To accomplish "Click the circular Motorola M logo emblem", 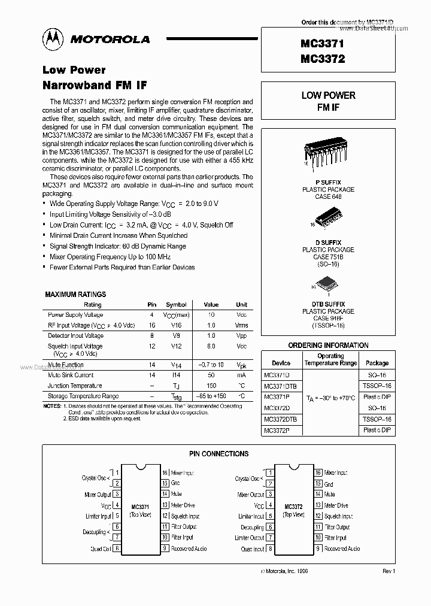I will [x=53, y=39].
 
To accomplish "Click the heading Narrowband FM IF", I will [x=94, y=84].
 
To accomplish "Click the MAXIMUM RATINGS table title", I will [x=75, y=295].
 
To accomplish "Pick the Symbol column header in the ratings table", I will [x=176, y=305].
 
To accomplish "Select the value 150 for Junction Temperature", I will [x=211, y=386].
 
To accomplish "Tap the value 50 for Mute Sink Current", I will [x=211, y=375].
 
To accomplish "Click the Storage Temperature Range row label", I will [x=83, y=396].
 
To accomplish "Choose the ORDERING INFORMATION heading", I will [x=328, y=346].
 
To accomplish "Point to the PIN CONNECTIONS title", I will [x=218, y=454].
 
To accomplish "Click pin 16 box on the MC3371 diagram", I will [x=165, y=472].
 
